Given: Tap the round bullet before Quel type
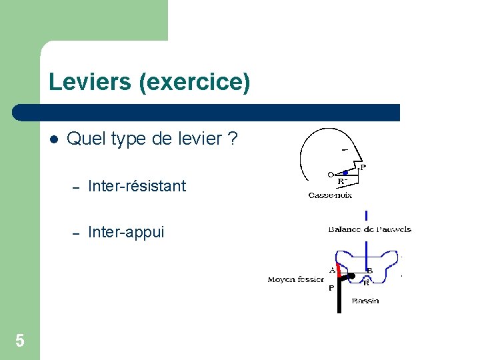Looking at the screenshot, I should [54, 139].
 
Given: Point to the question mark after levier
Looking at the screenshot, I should [233, 139].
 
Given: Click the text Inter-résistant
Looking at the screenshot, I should [137, 186].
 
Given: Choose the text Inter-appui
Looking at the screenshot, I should [126, 232].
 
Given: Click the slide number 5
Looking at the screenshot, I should [20, 341].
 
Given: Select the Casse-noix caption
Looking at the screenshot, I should [330, 195].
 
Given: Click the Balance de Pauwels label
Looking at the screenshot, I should [369, 229].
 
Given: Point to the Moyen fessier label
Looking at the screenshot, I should [296, 279].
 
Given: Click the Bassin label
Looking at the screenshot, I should [365, 301].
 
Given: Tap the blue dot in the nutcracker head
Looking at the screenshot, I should [345, 173].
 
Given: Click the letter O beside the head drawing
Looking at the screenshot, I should [330, 175].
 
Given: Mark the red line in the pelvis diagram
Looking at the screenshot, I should [338, 269].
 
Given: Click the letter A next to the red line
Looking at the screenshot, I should [332, 270].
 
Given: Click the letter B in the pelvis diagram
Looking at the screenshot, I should [369, 271].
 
